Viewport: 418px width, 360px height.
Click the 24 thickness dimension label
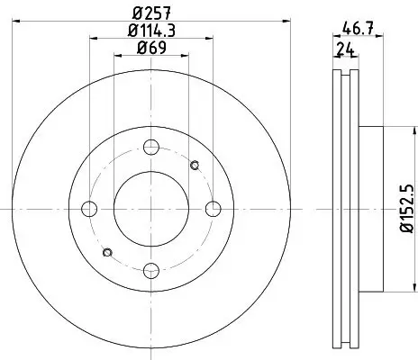(343, 49)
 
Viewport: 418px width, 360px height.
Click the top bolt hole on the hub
(150, 147)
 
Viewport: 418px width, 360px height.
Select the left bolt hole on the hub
(89, 209)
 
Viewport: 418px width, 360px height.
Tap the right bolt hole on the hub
(213, 209)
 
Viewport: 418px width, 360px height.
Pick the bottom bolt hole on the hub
(150, 270)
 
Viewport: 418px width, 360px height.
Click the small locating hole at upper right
(195, 165)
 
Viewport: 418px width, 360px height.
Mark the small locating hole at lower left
(107, 252)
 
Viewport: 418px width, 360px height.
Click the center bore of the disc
(150, 209)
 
